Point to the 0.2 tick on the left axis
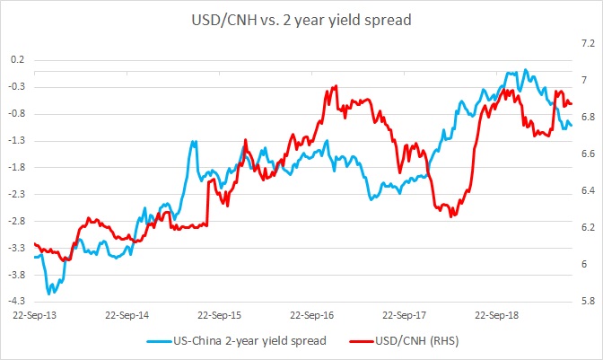click(17, 60)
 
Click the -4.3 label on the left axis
click(16, 301)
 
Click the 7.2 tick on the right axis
click(585, 42)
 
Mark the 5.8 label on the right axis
click(585, 301)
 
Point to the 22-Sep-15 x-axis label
click(221, 316)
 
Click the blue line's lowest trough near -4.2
click(49, 293)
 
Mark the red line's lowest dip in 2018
click(451, 216)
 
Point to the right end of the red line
click(572, 104)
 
